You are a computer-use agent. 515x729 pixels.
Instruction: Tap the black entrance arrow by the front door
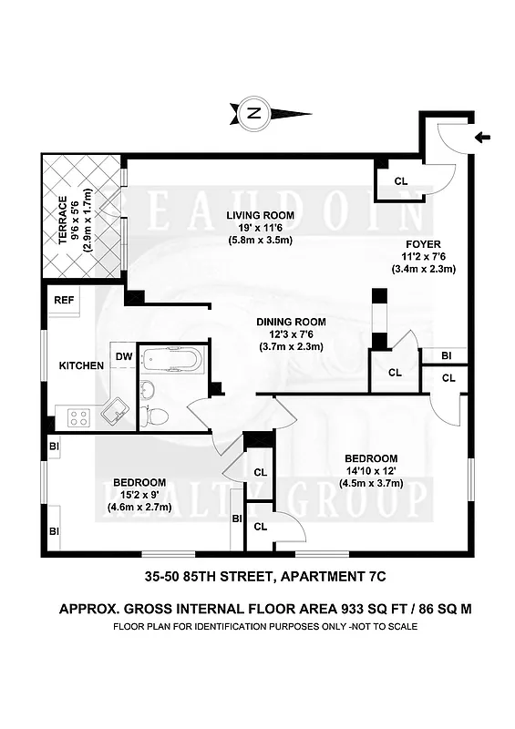(484, 138)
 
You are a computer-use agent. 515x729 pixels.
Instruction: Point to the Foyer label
(424, 244)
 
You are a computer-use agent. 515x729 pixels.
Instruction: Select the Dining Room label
(290, 322)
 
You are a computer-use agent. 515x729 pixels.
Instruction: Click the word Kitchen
(81, 365)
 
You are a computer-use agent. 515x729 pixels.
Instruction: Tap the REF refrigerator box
(64, 300)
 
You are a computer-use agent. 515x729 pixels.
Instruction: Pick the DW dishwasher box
(124, 356)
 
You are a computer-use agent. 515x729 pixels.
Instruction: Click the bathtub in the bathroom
(171, 358)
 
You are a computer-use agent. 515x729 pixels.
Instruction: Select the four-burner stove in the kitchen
(78, 417)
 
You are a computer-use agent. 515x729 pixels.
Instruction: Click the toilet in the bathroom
(156, 415)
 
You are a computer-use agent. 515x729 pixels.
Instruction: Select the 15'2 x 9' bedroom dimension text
(139, 495)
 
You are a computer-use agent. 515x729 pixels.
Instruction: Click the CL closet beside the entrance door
(401, 180)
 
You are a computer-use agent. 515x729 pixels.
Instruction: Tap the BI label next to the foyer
(447, 355)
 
